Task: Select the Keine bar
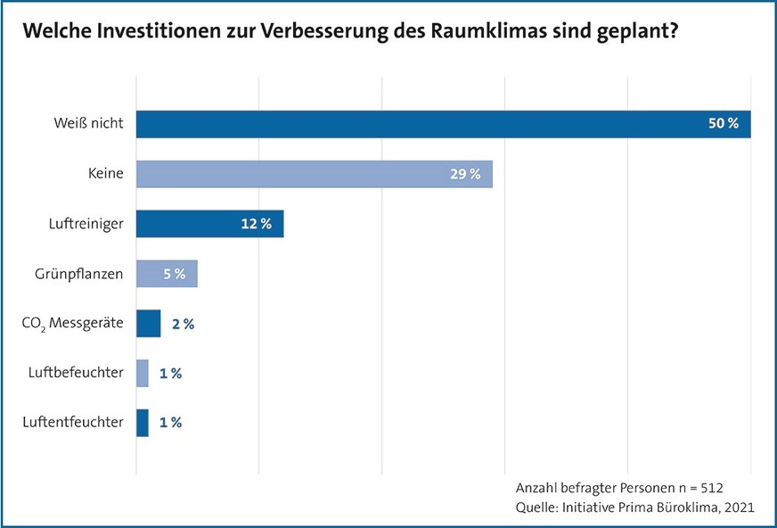coord(314,174)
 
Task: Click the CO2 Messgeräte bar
coord(148,324)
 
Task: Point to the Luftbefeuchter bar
coord(143,373)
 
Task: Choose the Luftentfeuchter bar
coord(143,423)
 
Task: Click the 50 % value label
coord(723,124)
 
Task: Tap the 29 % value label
coord(465,174)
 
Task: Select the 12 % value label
coord(256,224)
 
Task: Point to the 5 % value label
coord(174,274)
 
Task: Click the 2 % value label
coord(183,324)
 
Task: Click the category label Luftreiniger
coord(86,224)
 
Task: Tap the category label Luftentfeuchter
coord(73,423)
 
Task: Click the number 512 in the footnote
coord(711,489)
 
